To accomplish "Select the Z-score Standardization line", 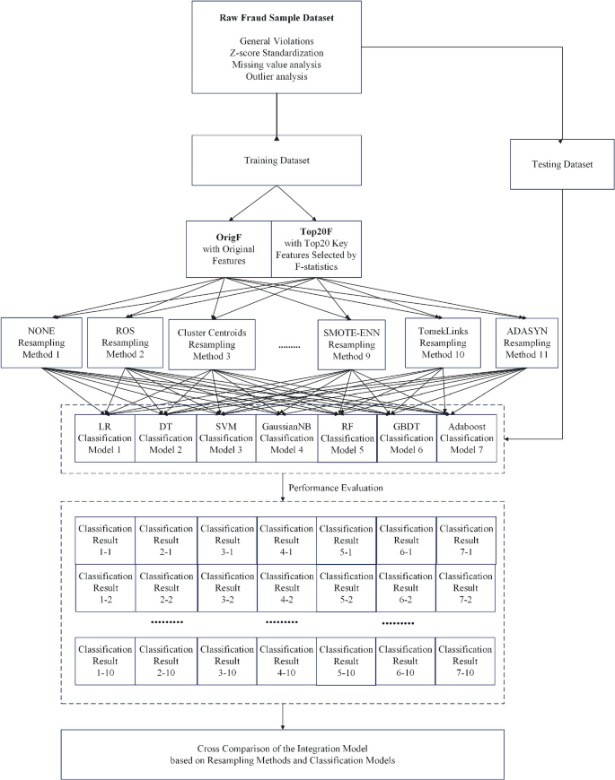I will point(285,53).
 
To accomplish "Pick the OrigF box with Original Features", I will point(228,249).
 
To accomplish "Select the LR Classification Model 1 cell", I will point(104,436).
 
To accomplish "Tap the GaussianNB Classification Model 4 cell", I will point(286,436).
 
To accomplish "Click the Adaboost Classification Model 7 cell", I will point(466,436).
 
